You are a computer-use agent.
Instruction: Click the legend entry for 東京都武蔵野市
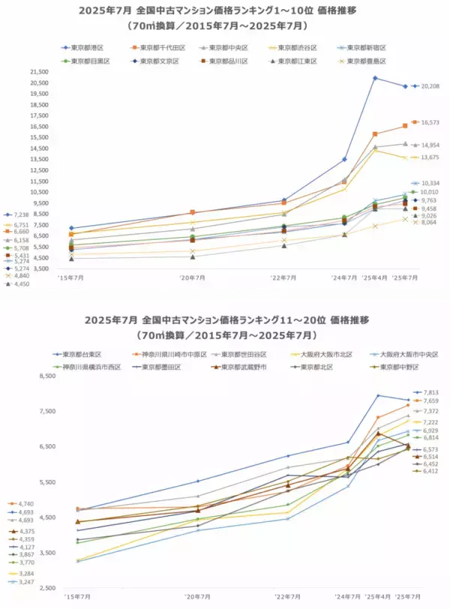238,367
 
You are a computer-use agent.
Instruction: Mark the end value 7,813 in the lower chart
430,392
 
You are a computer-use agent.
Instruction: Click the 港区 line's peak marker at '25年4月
375,78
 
